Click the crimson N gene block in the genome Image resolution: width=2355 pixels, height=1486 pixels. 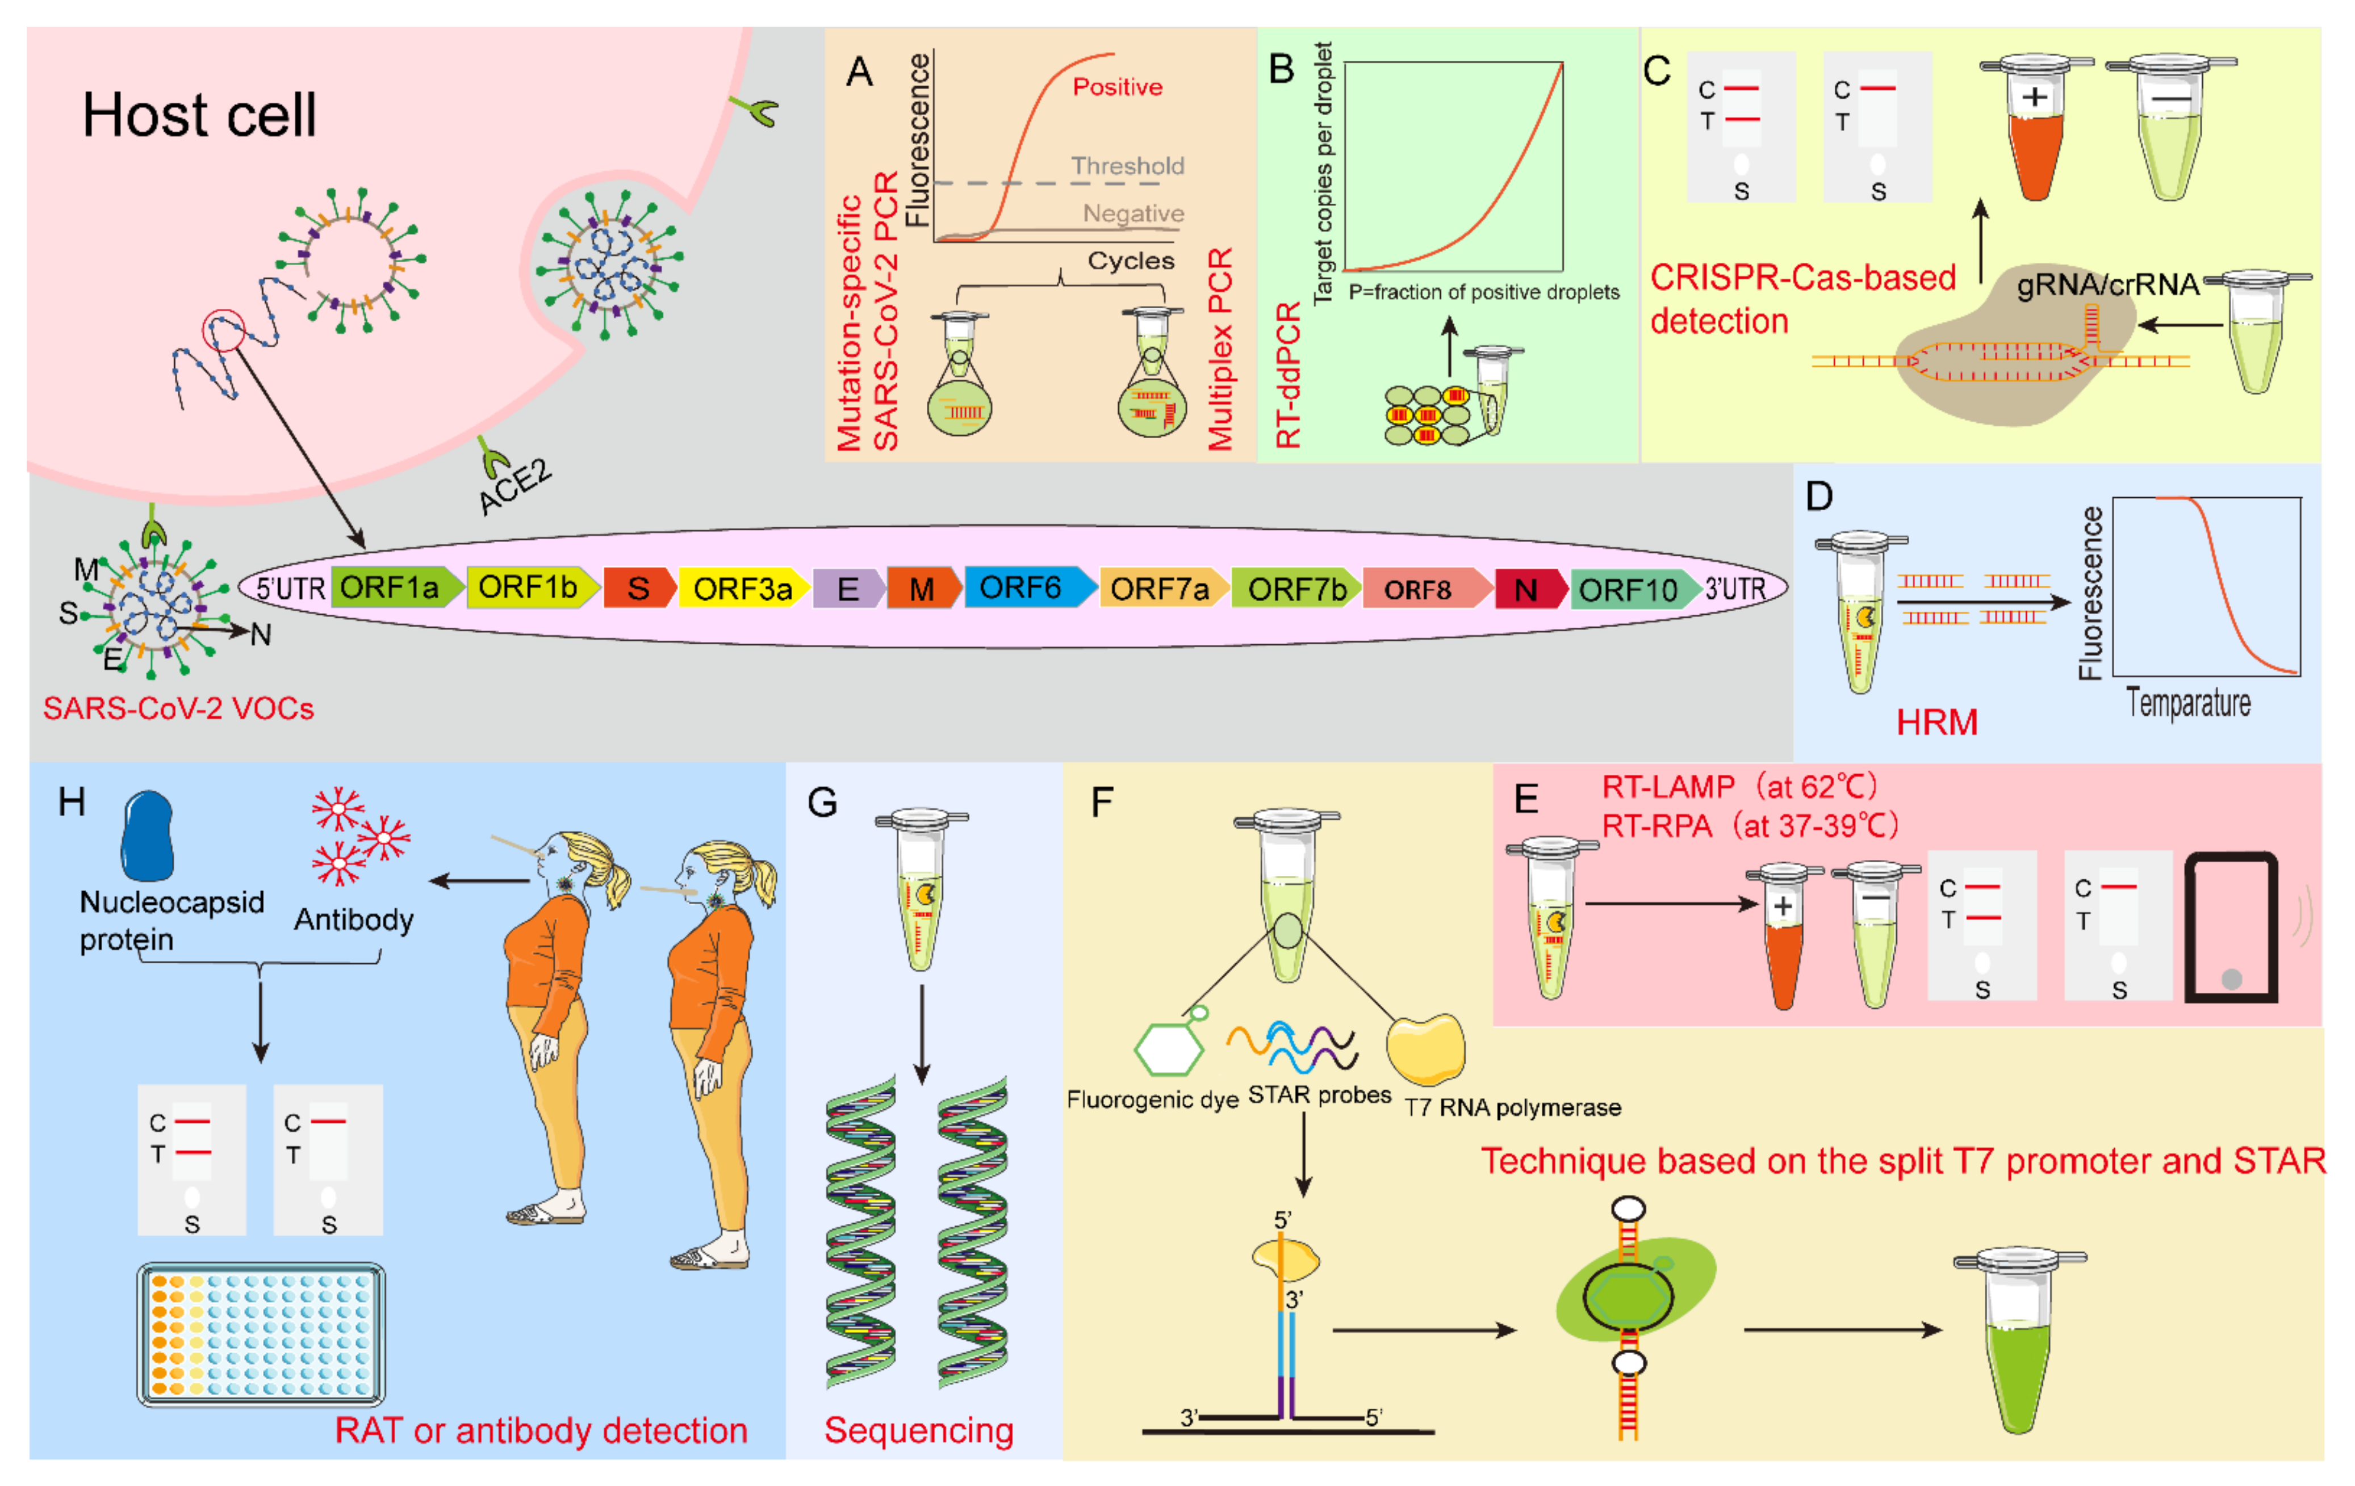(1526, 590)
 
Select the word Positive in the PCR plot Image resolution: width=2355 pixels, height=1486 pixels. (1117, 87)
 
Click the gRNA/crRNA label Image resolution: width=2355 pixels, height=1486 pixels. (2107, 284)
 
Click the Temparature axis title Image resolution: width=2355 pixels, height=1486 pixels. (2188, 703)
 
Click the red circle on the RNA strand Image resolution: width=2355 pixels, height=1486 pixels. (223, 331)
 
